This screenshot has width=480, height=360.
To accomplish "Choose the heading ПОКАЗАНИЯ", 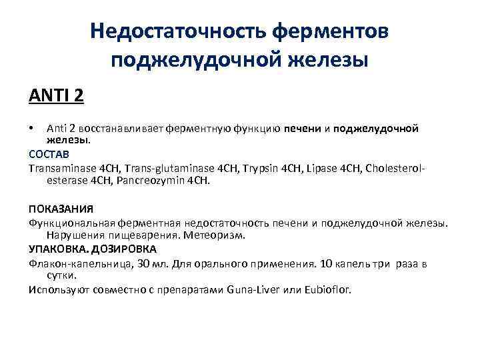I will click(61, 209).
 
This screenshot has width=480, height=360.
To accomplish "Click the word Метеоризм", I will click(216, 235).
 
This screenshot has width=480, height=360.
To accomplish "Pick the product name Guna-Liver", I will click(256, 289).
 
